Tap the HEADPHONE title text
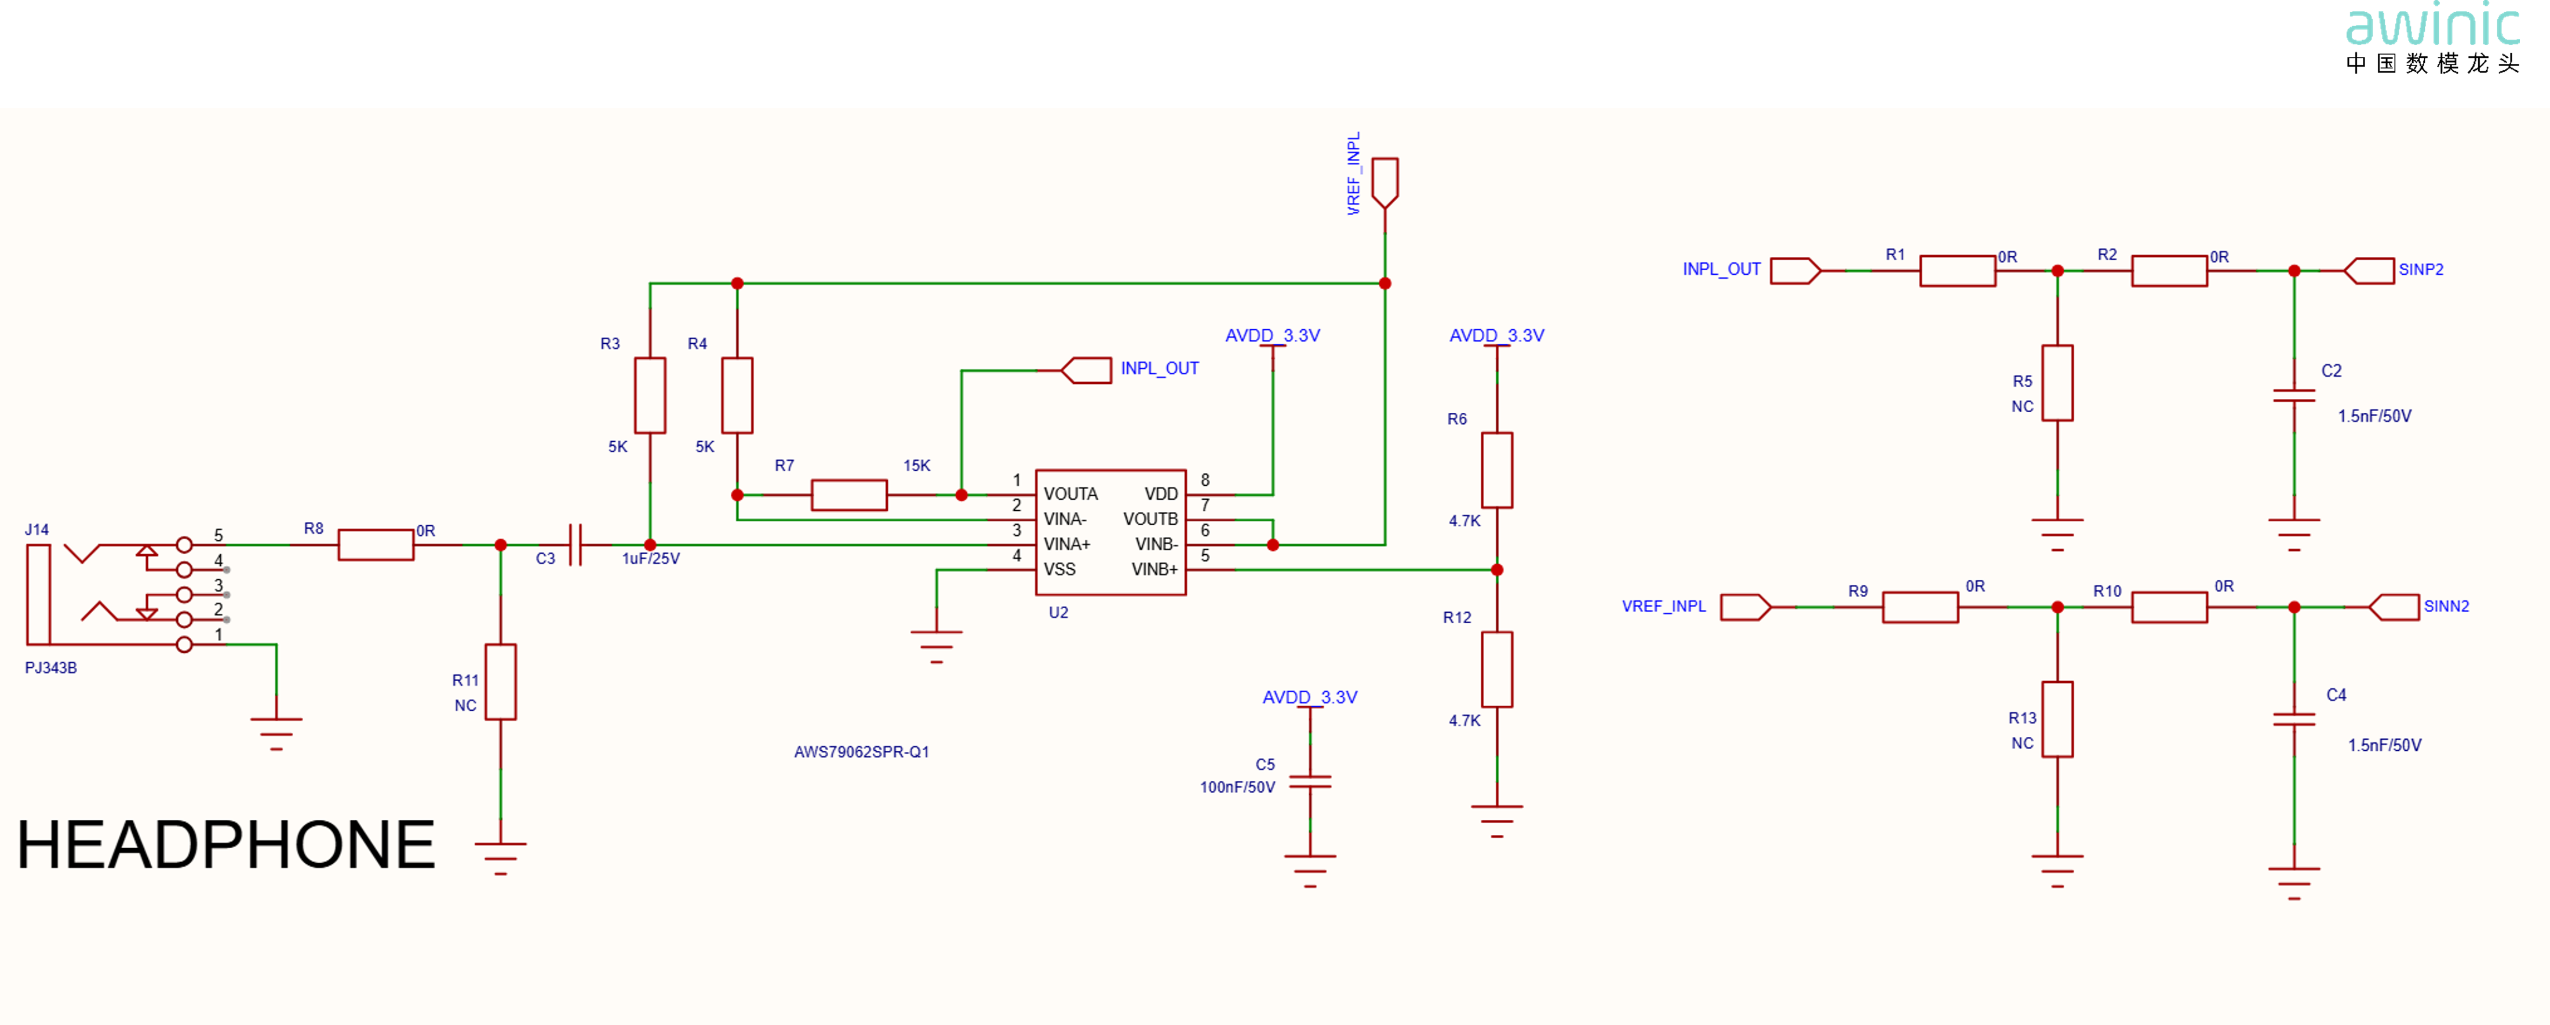click(225, 845)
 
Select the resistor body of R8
click(376, 545)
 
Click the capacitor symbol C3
click(576, 545)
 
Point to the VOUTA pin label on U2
click(1070, 494)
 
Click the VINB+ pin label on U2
click(1154, 569)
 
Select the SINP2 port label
click(2421, 270)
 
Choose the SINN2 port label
click(2446, 606)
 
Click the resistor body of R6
click(1497, 470)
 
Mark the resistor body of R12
click(1497, 670)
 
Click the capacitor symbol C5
click(1310, 782)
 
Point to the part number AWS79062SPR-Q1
click(861, 752)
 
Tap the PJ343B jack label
click(50, 667)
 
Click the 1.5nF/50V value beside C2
click(2375, 416)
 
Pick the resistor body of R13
click(2057, 719)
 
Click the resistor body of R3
click(649, 395)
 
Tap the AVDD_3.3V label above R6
click(1497, 336)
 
